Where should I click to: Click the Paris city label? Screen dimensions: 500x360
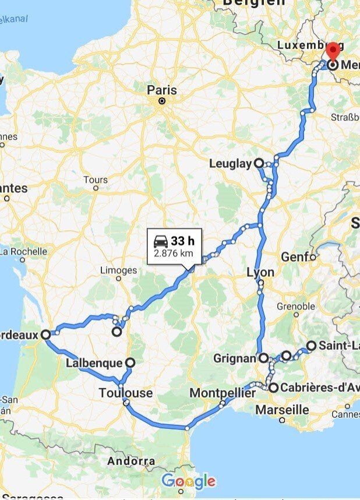[x=161, y=90]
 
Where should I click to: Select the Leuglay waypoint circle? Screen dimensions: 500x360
[x=258, y=164]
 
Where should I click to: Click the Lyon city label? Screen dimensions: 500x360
[x=260, y=272]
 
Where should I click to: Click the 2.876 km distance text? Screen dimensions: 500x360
[x=173, y=254]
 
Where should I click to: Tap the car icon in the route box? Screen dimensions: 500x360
[x=160, y=241]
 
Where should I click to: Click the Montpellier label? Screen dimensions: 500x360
[x=222, y=393]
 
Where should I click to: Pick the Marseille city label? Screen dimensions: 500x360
[x=282, y=410]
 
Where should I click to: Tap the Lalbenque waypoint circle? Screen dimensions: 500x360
[x=129, y=362]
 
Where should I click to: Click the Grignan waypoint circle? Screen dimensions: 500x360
[x=263, y=358]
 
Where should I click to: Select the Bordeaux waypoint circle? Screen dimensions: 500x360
[x=46, y=334]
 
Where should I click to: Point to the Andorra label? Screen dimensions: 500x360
[x=131, y=462]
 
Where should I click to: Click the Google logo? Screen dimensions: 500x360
[x=188, y=482]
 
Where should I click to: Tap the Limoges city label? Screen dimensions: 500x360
[x=118, y=270]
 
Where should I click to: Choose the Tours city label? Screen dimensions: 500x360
[x=96, y=180]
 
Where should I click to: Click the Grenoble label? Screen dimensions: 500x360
[x=295, y=307]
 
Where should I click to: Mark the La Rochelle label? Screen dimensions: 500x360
[x=23, y=252]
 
